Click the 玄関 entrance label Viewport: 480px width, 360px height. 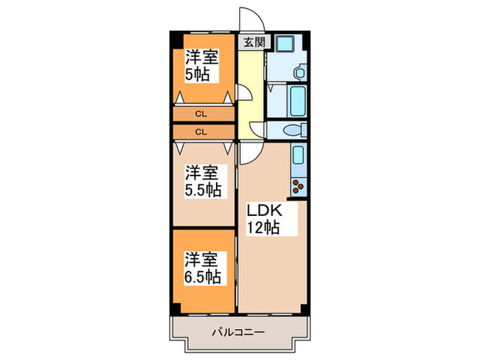pyautogui.click(x=253, y=42)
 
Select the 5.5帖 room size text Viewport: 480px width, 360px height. pyautogui.click(x=203, y=190)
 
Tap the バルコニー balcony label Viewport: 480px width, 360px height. pyautogui.click(x=238, y=333)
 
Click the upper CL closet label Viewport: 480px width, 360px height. pyautogui.click(x=202, y=114)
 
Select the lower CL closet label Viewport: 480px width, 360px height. pyautogui.click(x=202, y=130)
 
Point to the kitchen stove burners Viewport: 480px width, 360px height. pyautogui.click(x=298, y=185)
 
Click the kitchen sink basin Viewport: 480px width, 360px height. pyautogui.click(x=298, y=156)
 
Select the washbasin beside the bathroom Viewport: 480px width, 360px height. pyautogui.click(x=299, y=73)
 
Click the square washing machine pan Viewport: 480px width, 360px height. pyautogui.click(x=283, y=46)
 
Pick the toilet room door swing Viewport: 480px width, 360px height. pyautogui.click(x=258, y=130)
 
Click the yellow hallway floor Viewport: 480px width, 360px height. pyautogui.click(x=251, y=75)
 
